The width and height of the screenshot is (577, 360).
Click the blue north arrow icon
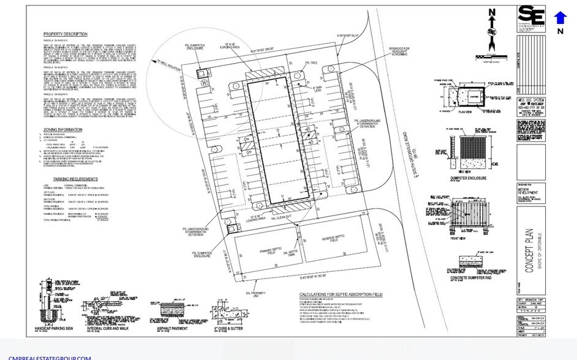(x=560, y=18)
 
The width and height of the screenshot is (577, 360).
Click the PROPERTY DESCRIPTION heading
(x=66, y=34)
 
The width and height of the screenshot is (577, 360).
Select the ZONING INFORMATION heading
(x=62, y=130)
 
